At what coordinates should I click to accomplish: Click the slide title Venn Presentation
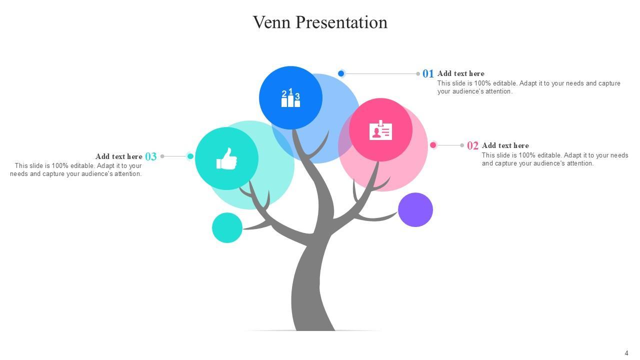320,22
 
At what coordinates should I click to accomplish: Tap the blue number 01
428,74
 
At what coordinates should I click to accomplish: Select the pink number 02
472,146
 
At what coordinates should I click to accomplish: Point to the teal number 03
151,157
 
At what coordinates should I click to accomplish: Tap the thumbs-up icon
226,158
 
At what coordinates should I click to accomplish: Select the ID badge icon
380,130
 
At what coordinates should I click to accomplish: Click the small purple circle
415,210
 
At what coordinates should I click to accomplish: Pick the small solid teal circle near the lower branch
227,228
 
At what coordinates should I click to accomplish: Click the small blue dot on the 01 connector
341,73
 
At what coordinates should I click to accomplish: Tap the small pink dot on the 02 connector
433,145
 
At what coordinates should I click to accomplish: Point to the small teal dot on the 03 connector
190,156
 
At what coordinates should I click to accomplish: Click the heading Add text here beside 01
460,73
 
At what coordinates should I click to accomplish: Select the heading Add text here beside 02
505,145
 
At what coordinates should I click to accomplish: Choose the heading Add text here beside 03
119,156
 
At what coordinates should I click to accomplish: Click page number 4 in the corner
626,353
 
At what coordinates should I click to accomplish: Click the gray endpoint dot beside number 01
418,74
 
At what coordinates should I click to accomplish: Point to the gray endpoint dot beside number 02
462,145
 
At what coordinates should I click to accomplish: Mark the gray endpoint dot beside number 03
162,156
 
